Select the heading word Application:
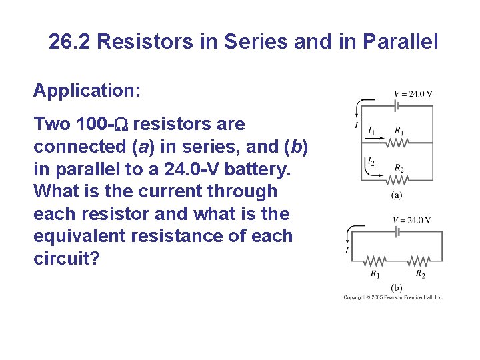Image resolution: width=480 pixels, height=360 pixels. [x=87, y=90]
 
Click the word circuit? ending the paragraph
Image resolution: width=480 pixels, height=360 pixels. [x=66, y=258]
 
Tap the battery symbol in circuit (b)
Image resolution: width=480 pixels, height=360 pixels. [x=398, y=233]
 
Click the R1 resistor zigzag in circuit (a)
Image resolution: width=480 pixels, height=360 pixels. [x=398, y=142]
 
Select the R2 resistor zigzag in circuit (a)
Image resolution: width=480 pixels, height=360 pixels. [x=398, y=179]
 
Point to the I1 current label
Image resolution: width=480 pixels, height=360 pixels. [x=371, y=131]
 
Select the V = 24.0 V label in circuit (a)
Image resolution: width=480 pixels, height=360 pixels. [x=413, y=93]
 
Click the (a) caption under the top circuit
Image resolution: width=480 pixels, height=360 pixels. [x=396, y=195]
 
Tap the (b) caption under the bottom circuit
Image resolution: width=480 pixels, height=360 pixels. [x=396, y=287]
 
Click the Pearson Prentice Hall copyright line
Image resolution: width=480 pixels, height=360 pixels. [x=393, y=297]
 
